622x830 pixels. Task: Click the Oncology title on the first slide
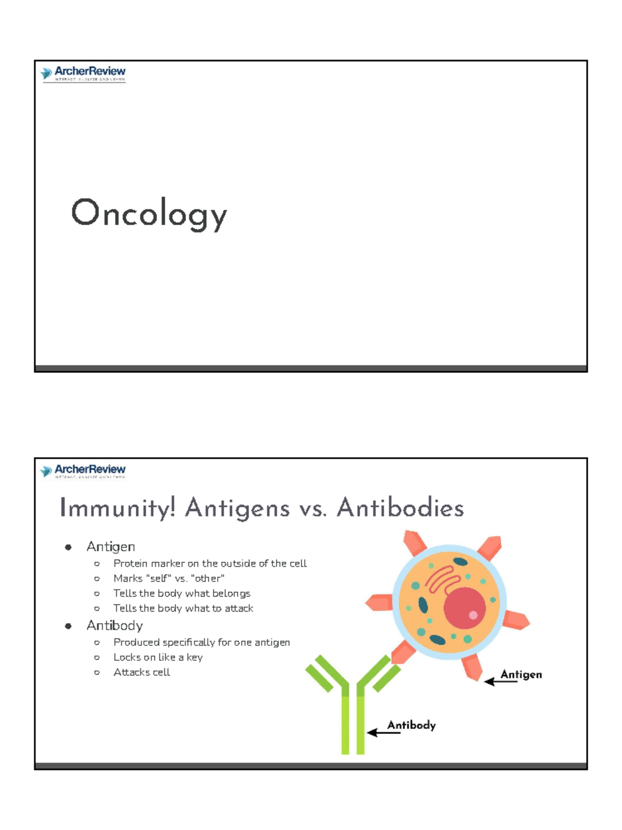[x=149, y=213]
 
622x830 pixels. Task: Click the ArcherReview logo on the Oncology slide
[x=83, y=74]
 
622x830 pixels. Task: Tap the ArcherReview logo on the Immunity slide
[x=83, y=471]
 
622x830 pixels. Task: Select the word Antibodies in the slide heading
[x=400, y=508]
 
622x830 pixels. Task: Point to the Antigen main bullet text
[x=111, y=547]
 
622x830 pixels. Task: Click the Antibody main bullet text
[x=115, y=626]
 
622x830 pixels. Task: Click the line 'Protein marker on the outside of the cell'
[x=210, y=563]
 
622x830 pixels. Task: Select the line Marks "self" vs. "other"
[x=169, y=578]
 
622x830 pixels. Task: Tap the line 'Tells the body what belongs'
[x=182, y=593]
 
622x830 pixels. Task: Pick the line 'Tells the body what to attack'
[x=183, y=608]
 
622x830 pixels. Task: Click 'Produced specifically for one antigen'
[x=202, y=642]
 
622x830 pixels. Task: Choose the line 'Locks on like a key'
[x=158, y=657]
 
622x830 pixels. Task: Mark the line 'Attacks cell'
[x=142, y=672]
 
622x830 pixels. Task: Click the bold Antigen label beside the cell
[x=521, y=674]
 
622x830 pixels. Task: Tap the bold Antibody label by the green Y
[x=412, y=725]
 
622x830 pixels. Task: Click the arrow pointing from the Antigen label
[x=500, y=681]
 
